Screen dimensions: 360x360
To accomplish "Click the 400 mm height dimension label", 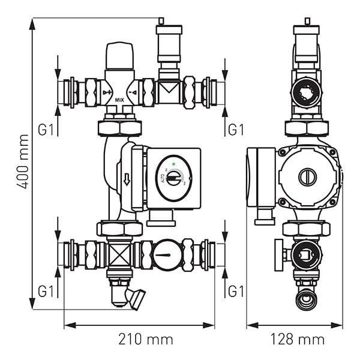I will click(x=22, y=163).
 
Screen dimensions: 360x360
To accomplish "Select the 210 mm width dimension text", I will click(x=139, y=340).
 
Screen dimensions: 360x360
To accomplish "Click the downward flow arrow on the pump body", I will click(x=127, y=179).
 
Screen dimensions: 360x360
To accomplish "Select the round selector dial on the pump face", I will click(x=173, y=178).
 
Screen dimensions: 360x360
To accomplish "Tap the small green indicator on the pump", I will click(x=173, y=162).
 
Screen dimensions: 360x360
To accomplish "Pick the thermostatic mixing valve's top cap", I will click(x=121, y=55).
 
